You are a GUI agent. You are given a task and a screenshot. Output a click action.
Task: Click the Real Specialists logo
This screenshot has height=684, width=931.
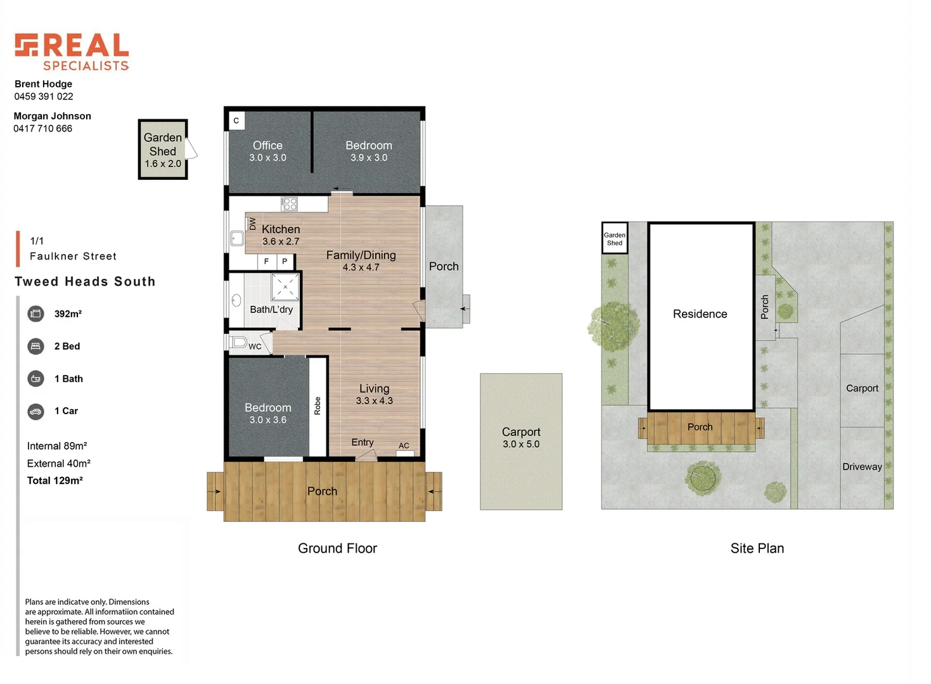72,51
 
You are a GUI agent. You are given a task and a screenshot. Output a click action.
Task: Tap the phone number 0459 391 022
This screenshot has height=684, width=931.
44,96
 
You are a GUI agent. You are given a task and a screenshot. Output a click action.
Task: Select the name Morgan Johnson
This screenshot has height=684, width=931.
52,116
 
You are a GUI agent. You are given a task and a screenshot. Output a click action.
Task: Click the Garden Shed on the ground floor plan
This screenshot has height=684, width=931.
162,149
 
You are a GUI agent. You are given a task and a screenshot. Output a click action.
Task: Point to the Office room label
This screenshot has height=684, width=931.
267,146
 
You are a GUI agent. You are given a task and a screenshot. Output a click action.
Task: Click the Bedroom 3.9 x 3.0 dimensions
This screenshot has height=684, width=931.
369,158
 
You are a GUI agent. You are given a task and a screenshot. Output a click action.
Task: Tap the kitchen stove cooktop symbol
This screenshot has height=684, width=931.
290,204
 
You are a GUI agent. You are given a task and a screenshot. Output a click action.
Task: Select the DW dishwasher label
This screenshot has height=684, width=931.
252,224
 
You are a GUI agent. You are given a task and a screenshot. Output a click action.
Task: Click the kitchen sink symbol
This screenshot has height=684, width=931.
236,238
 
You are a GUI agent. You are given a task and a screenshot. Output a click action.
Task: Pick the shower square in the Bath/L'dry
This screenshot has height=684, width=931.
285,287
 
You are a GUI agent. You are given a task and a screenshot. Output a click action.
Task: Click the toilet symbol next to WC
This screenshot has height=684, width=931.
238,342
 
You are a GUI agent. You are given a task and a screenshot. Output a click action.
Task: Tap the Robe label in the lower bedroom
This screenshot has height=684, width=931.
318,405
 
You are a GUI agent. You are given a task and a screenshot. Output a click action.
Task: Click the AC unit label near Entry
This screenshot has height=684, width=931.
404,446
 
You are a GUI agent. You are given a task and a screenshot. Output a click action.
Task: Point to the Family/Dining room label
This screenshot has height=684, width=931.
361,255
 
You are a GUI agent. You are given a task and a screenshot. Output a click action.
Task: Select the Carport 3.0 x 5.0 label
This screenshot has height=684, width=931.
521,438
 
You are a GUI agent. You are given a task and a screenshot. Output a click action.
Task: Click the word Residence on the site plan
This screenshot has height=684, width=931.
700,314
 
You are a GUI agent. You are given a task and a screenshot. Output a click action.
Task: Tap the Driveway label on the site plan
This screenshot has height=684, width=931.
862,467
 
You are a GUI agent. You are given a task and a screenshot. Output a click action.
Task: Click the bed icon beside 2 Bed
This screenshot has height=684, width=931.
36,346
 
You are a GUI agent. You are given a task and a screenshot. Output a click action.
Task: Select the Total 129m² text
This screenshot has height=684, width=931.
55,481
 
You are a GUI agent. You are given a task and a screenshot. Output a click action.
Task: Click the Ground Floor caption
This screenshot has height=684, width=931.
337,548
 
